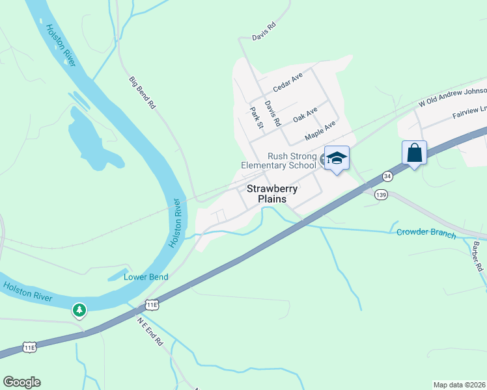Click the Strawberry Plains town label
272,194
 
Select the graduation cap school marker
337,158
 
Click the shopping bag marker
414,153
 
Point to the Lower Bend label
146,277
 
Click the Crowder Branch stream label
426,233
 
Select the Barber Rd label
478,256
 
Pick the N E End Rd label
150,331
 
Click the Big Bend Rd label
142,92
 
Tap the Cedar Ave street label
288,81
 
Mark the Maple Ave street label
320,130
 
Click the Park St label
256,117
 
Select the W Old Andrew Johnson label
452,96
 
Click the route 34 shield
387,176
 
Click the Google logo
21,382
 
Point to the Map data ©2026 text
459,385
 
